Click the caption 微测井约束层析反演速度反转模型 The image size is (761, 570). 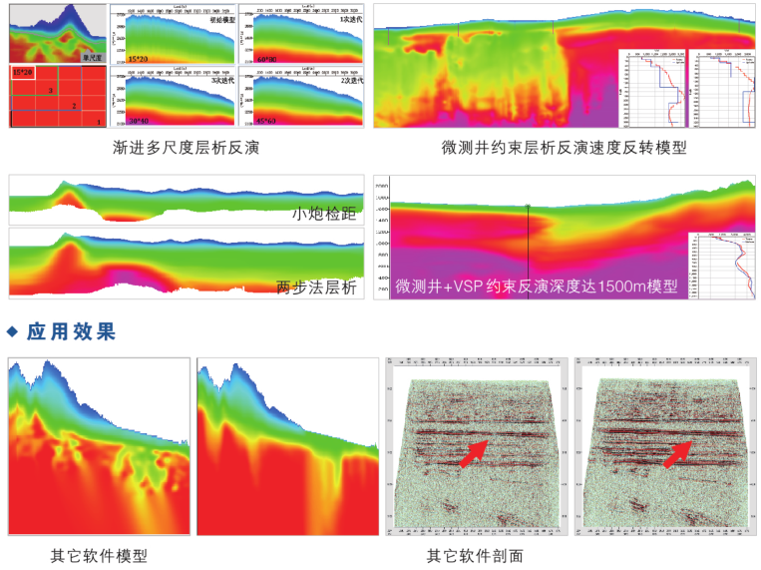(565, 148)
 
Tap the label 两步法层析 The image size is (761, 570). (316, 287)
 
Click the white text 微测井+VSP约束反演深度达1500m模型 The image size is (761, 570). (536, 285)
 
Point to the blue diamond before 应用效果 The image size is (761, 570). (13, 330)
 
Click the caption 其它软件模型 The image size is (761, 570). (99, 556)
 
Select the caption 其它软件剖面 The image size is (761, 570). (475, 556)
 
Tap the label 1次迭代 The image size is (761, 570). (350, 19)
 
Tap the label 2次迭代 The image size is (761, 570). (350, 81)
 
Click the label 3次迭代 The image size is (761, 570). (224, 81)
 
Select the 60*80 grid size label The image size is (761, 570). (266, 60)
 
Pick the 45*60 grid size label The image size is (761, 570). (266, 121)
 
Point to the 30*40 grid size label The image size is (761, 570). (141, 121)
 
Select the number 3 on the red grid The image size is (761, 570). (49, 90)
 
